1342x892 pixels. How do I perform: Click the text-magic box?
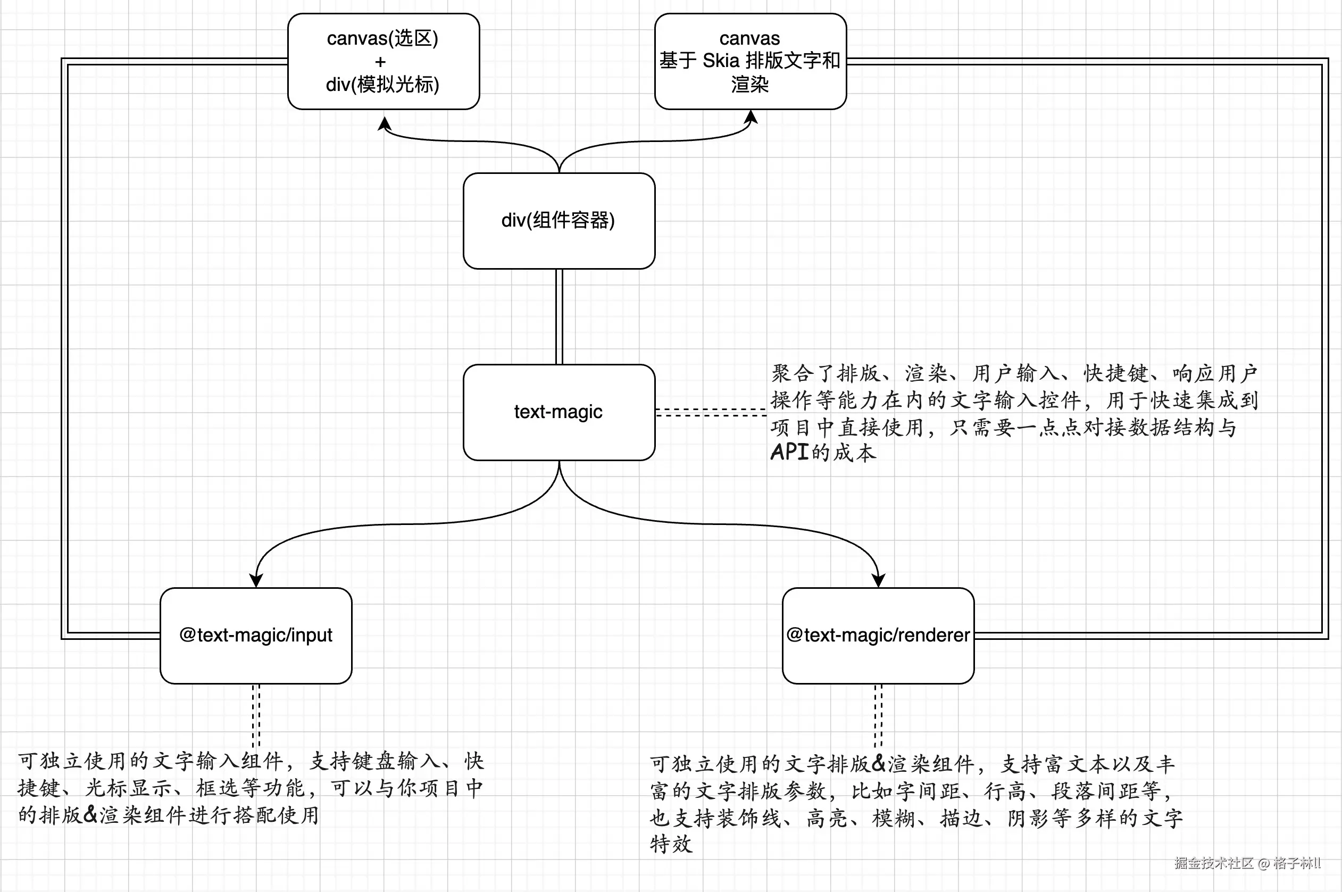(559, 412)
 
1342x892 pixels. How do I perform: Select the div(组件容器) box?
(559, 221)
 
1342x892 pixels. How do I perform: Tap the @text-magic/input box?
(255, 636)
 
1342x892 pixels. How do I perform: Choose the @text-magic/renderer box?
(878, 636)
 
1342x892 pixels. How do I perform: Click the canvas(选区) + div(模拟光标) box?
(384, 62)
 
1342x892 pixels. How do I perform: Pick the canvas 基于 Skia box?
(750, 62)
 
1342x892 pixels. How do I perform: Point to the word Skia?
(721, 60)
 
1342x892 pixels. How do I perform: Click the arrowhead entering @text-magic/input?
(256, 580)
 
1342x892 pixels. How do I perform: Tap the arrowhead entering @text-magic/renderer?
(878, 580)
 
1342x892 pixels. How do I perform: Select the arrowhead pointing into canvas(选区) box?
(385, 123)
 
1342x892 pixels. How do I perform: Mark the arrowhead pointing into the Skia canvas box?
(752, 116)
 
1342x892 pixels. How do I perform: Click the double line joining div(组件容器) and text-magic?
(559, 316)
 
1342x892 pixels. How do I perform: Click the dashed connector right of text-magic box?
(711, 412)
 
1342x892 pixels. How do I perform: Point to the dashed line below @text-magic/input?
(256, 714)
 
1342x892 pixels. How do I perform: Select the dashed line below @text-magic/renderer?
(878, 714)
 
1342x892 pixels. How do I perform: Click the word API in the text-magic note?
(789, 452)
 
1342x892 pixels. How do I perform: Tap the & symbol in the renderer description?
(879, 763)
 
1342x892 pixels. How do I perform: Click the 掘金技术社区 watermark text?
(1213, 863)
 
